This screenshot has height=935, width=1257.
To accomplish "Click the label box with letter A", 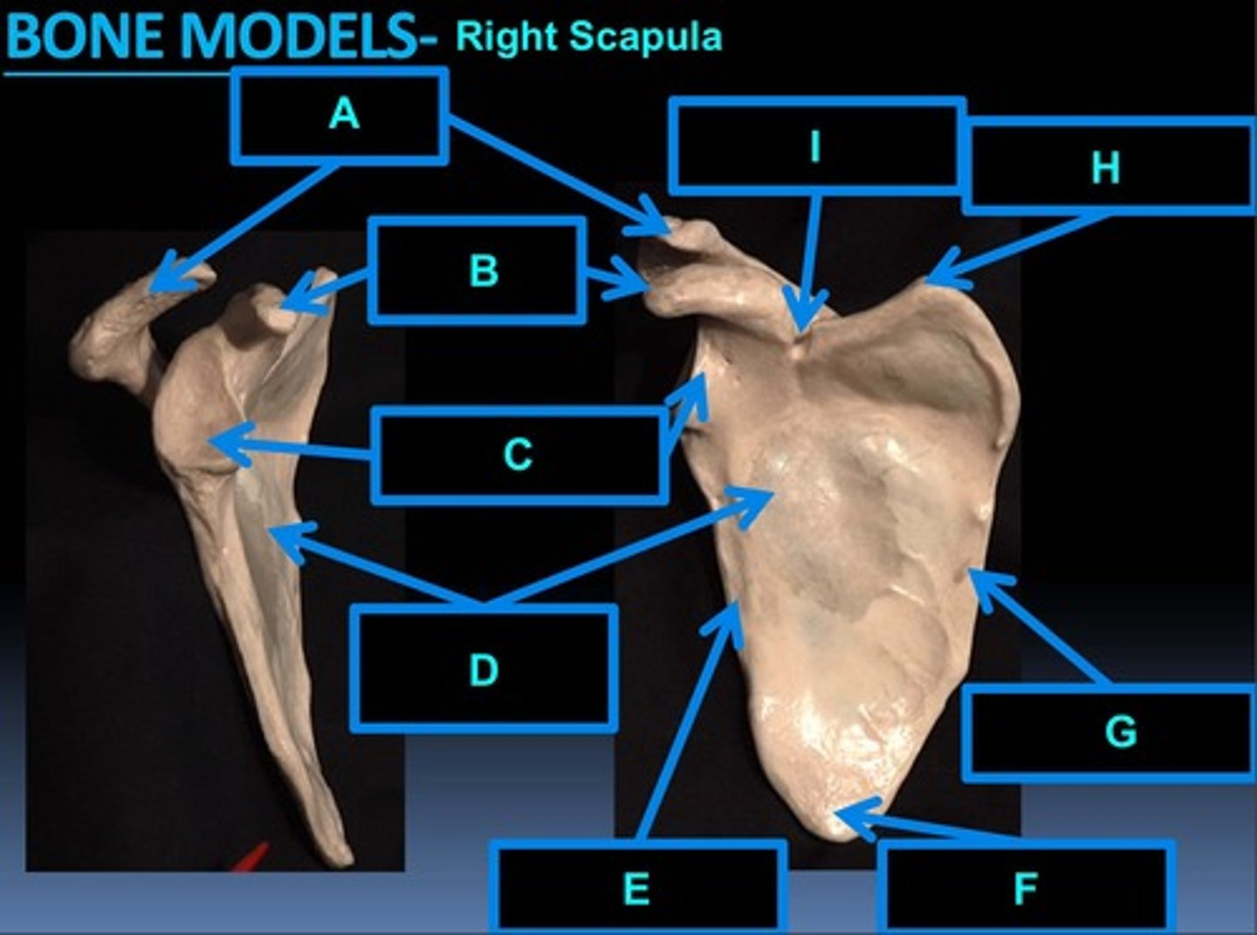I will click(340, 116).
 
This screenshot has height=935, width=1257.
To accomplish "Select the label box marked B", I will click(477, 270).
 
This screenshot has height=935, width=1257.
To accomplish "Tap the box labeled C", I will click(519, 455).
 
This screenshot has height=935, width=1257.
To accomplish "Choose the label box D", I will click(484, 669).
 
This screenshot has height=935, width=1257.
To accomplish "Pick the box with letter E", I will click(636, 888).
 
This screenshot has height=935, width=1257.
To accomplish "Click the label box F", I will click(1026, 888).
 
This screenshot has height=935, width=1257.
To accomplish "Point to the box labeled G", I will click(1109, 732).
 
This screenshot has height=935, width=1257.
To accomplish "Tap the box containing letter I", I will click(816, 146).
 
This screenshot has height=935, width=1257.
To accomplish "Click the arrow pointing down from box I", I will click(811, 262).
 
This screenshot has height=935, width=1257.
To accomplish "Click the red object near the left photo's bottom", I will click(250, 857).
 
